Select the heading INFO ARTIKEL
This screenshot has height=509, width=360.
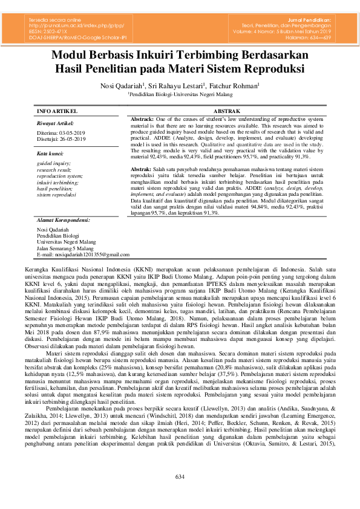click(x=57, y=112)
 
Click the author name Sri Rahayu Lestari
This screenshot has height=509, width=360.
click(x=177, y=85)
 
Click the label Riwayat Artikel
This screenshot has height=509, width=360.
click(x=55, y=122)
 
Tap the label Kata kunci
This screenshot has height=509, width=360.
click(x=51, y=154)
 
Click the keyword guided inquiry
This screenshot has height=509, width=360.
click(x=54, y=163)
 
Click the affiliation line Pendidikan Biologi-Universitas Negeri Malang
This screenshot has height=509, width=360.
click(x=179, y=94)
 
